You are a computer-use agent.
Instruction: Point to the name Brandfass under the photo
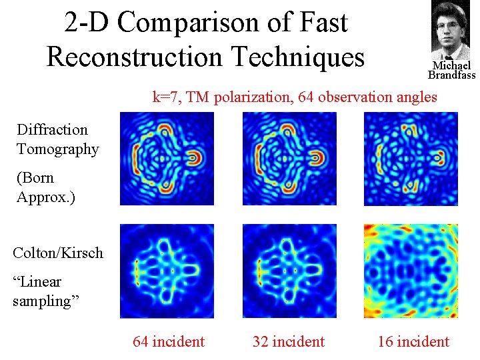pos(451,75)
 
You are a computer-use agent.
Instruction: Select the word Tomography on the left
pos(58,149)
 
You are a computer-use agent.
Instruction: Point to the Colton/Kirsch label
pos(58,253)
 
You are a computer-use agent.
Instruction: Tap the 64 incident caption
pos(169,342)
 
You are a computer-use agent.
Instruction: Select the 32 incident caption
pos(288,342)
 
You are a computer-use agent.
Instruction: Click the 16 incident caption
pos(413,342)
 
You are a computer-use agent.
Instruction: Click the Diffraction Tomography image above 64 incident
pos(167,159)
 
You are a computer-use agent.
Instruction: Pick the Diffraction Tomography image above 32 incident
pos(289,159)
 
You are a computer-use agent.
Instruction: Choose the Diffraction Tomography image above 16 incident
pos(411,159)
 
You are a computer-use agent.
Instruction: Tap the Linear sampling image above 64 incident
pos(167,271)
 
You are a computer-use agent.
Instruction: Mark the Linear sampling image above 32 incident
pos(289,271)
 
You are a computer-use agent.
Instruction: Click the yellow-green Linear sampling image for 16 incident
pos(411,271)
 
